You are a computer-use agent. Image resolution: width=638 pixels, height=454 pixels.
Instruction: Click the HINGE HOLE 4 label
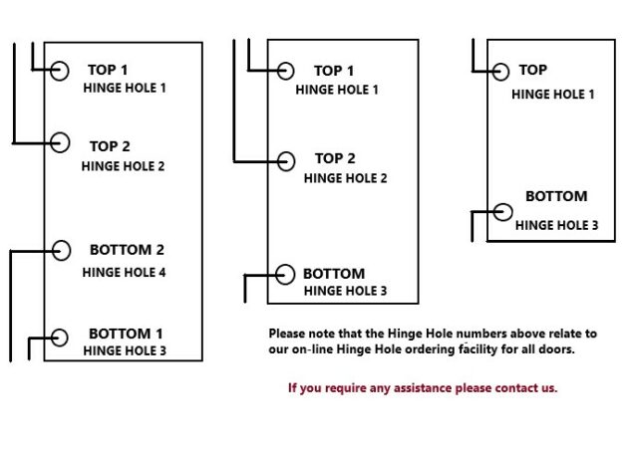(x=124, y=272)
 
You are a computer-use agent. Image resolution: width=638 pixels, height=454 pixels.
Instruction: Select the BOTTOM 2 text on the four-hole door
(x=127, y=250)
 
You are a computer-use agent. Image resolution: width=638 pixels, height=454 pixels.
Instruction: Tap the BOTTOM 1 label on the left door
(x=126, y=334)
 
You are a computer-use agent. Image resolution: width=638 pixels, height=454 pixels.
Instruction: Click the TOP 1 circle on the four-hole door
(x=59, y=70)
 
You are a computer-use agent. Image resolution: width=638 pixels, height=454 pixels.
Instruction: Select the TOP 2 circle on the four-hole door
(x=60, y=143)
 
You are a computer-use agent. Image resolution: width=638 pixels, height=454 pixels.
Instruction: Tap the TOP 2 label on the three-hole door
(x=335, y=158)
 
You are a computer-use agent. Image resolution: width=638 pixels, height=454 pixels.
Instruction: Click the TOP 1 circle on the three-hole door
(x=286, y=71)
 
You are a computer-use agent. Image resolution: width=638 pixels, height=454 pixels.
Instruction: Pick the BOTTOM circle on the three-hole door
(x=285, y=274)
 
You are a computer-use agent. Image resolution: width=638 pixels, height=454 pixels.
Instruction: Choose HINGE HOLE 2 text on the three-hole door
(x=345, y=178)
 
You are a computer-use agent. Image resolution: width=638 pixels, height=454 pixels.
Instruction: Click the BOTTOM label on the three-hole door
(x=334, y=274)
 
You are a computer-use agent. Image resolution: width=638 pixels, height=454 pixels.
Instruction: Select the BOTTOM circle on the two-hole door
(x=503, y=212)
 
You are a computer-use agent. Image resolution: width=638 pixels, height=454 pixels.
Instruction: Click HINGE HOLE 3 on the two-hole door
(x=556, y=226)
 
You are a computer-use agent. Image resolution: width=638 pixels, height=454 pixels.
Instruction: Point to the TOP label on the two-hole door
(x=533, y=71)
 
